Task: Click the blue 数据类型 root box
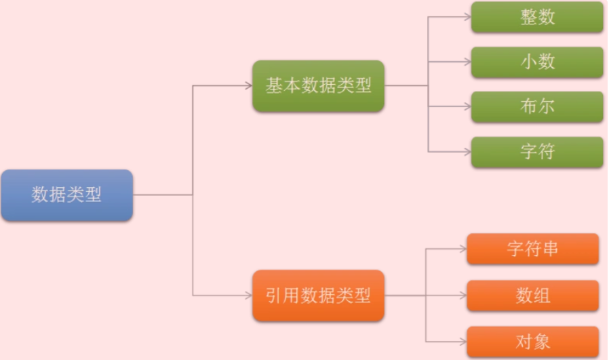tap(66, 195)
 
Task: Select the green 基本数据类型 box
tap(318, 86)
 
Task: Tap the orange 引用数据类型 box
tap(318, 296)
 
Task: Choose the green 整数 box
tap(537, 17)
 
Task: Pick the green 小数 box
tap(537, 62)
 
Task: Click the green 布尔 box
tap(537, 106)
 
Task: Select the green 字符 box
tap(537, 152)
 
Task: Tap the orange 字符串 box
tap(532, 249)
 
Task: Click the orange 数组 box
tap(532, 296)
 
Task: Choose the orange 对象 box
tap(532, 341)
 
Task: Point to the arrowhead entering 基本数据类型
tap(248, 86)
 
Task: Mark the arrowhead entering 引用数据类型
tap(248, 296)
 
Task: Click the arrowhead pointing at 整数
tap(467, 17)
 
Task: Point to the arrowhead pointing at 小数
tap(467, 62)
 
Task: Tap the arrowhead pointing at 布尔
tap(467, 106)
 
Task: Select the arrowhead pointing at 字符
tap(467, 152)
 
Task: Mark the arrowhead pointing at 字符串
tap(463, 249)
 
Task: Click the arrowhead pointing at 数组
tap(463, 296)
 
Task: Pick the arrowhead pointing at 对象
tap(463, 341)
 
